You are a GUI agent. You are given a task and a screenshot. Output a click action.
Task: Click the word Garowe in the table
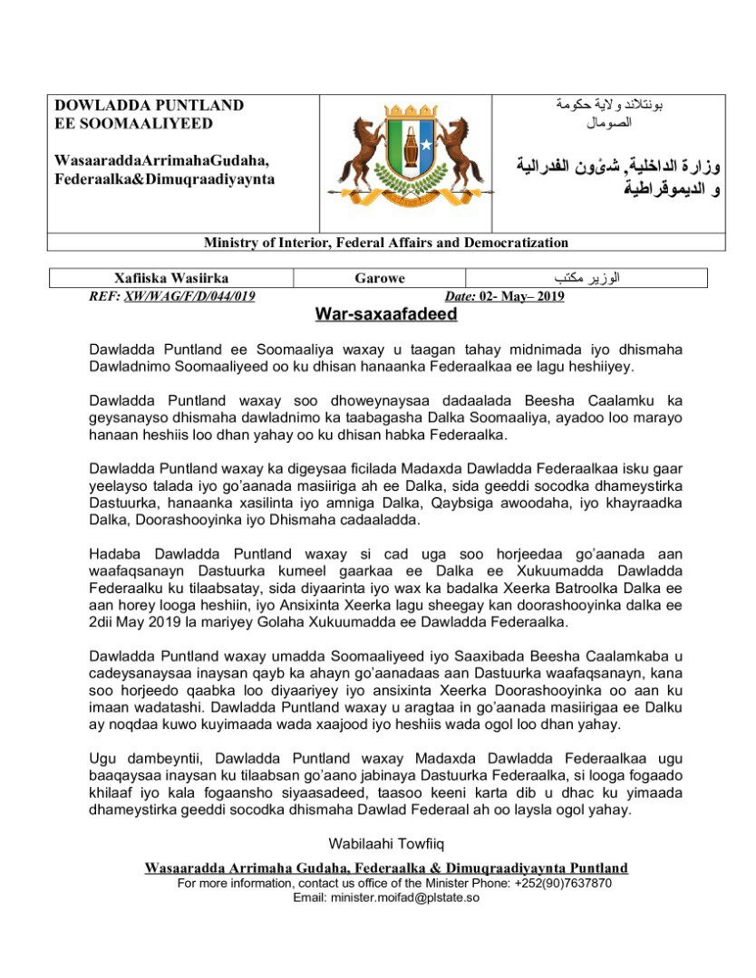tap(379, 278)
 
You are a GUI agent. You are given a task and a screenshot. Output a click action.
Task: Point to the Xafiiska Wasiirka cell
tap(171, 278)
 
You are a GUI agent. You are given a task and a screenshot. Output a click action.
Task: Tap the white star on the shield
tap(426, 145)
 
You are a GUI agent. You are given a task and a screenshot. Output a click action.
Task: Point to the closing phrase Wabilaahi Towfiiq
tap(386, 844)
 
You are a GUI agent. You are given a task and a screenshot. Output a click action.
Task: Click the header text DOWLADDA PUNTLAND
tap(150, 105)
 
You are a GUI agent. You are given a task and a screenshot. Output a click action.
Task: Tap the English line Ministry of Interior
tap(386, 243)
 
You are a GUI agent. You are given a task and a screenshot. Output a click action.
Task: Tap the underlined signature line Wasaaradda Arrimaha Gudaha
tap(386, 868)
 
